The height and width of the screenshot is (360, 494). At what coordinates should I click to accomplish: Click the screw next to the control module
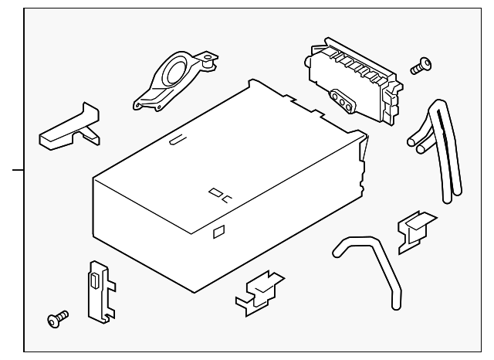coord(421,67)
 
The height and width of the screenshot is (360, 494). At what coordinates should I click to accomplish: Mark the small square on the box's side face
coord(218,229)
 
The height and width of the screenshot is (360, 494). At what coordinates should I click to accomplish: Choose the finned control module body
coord(351,77)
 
